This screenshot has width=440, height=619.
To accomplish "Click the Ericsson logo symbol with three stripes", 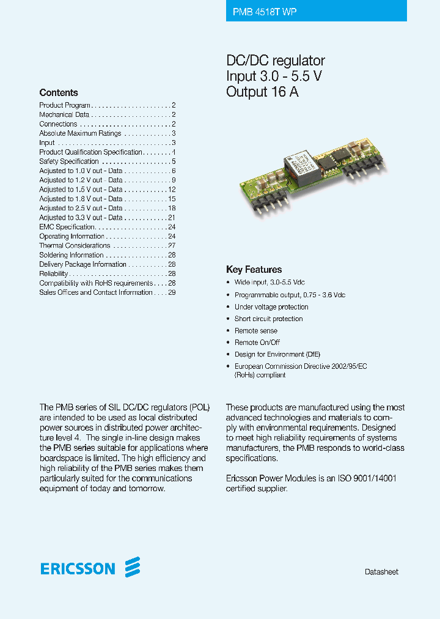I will tap(133, 568).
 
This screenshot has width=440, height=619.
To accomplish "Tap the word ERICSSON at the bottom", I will tap(78, 569).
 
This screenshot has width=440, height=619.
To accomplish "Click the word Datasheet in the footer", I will tap(381, 572).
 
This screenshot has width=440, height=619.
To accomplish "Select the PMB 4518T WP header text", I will tap(265, 12).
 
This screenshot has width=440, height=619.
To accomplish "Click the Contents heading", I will tap(59, 93).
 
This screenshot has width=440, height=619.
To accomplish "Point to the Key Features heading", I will tap(254, 270).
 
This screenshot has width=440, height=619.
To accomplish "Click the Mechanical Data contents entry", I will tap(64, 115).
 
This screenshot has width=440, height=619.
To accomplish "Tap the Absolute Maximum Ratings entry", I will tap(80, 133).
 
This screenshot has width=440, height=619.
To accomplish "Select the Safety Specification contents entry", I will tap(69, 161).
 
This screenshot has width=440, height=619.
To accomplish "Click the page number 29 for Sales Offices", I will tap(172, 292).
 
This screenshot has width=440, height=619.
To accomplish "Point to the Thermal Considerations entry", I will tap(75, 246).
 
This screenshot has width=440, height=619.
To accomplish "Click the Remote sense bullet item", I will tap(256, 331).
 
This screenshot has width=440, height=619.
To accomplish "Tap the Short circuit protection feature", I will tap(268, 319).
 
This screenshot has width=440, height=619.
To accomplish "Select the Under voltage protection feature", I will tap(271, 307).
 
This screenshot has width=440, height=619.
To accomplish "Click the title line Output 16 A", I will tap(262, 92).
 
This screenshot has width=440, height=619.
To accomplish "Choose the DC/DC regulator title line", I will tap(275, 61).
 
